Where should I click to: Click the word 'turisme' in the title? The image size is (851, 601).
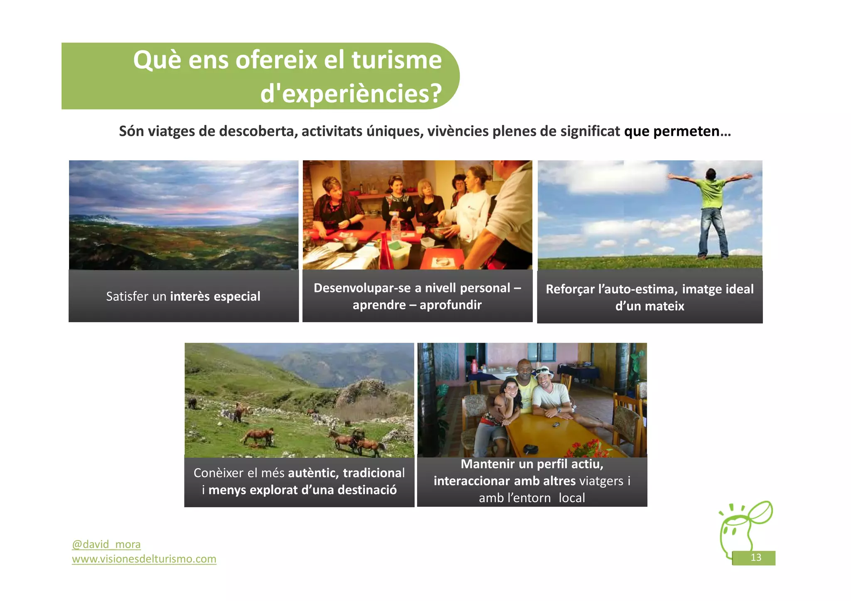(396, 60)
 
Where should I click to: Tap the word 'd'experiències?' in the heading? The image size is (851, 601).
(351, 93)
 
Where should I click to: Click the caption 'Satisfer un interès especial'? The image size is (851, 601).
(183, 297)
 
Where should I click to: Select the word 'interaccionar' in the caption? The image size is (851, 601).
(472, 481)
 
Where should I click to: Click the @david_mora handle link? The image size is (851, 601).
(106, 544)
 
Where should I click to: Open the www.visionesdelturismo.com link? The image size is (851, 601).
(144, 559)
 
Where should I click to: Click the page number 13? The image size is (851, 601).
(755, 557)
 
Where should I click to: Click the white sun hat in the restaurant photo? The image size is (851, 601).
(544, 371)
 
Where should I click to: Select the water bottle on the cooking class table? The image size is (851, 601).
(395, 227)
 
